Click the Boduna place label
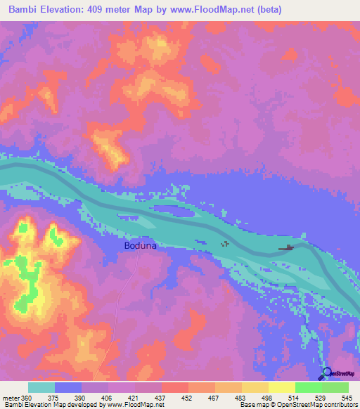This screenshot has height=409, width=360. pos(139,246)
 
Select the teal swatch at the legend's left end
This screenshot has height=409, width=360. pos(41,387)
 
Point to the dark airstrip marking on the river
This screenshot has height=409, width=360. pos(286,248)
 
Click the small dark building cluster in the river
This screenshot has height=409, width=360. pos(225,244)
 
